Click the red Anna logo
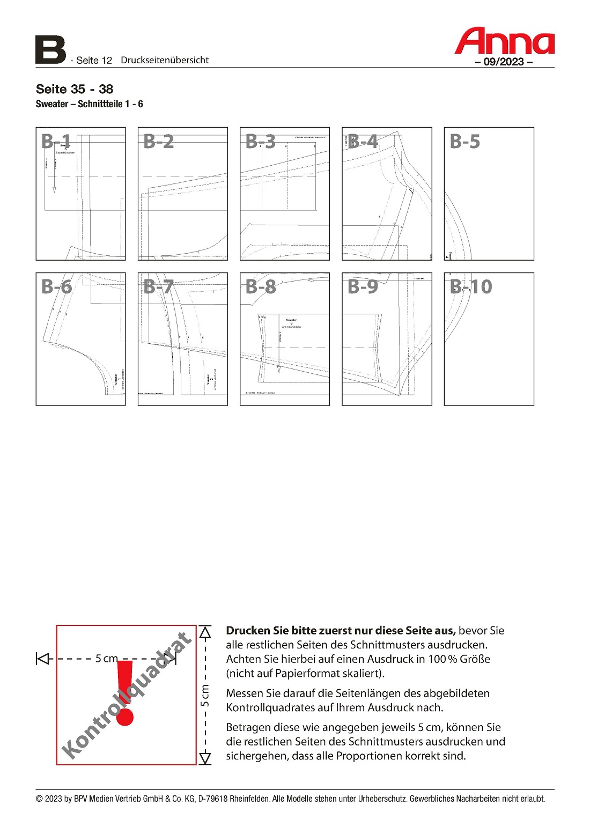coord(504,41)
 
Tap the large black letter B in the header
coord(50,50)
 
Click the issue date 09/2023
coord(504,62)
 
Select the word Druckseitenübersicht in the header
coord(165,60)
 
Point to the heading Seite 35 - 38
coord(75,89)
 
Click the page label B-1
coord(56,142)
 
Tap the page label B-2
coord(159,142)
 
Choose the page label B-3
coord(261,142)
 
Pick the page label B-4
coord(363,142)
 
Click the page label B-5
coord(465,142)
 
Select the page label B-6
coord(57,287)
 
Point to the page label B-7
coord(159,287)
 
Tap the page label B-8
coord(261,287)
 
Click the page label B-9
coord(363,287)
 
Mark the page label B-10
coord(471,287)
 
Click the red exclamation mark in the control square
coord(124,693)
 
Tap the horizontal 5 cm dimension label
coord(106,658)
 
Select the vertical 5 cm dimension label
coord(205,695)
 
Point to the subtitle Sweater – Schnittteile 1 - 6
coord(90,104)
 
